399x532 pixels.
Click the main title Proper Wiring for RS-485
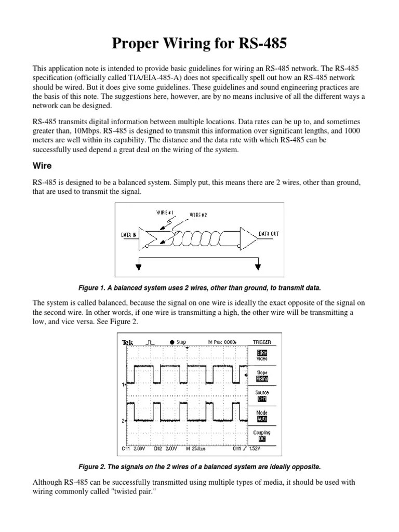point(199,44)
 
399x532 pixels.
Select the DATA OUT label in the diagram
point(269,234)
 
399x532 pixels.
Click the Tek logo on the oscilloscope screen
point(127,342)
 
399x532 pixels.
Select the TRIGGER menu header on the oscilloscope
point(261,342)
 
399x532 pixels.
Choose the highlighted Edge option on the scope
point(262,353)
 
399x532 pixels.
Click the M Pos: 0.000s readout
point(222,342)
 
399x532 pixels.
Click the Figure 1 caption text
point(199,287)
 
